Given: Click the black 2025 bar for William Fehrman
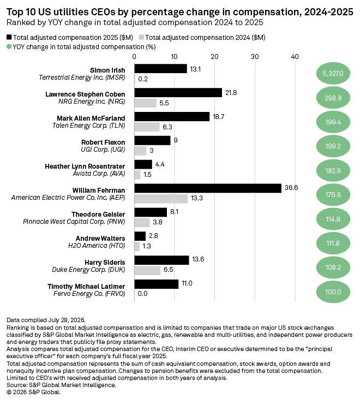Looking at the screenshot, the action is pos(208,188).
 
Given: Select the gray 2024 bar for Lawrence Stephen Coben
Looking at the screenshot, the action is pos(145,103).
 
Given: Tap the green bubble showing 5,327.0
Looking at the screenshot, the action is pos(333,74).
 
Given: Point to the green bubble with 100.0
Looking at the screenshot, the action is pos(333,292).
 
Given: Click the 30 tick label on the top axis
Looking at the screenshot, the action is pos(255,57).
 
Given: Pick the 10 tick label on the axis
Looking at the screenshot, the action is pos(174,57).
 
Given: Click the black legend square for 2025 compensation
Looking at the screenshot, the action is pos(9,37).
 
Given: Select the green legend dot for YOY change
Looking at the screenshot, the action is pos(9,46).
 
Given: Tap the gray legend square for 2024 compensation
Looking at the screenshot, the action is pos(141,37).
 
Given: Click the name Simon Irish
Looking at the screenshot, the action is pos(107,70).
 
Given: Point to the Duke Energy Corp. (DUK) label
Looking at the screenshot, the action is pos(88,270).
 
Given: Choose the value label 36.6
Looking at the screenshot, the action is pos(291,188).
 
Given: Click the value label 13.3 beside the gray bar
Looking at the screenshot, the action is pos(197,198).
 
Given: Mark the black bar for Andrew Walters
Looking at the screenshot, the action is pos(140,236).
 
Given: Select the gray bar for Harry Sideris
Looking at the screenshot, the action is pos(147,271).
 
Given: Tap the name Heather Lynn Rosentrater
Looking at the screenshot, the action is pos(85,166).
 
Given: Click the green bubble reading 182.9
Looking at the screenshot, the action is pos(333,170).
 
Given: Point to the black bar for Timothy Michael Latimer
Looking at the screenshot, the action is pos(157,284).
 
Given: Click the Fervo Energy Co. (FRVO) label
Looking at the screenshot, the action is pos(89,294).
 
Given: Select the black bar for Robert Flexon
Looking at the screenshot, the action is pos(152,140).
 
